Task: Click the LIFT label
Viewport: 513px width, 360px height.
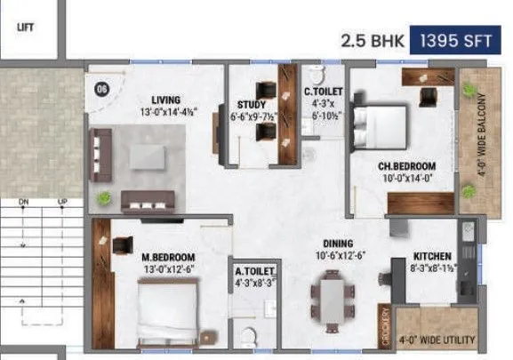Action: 25,27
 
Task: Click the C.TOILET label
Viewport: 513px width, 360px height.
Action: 317,91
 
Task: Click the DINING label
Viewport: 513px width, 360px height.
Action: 338,244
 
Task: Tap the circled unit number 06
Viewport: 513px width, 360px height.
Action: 100,88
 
